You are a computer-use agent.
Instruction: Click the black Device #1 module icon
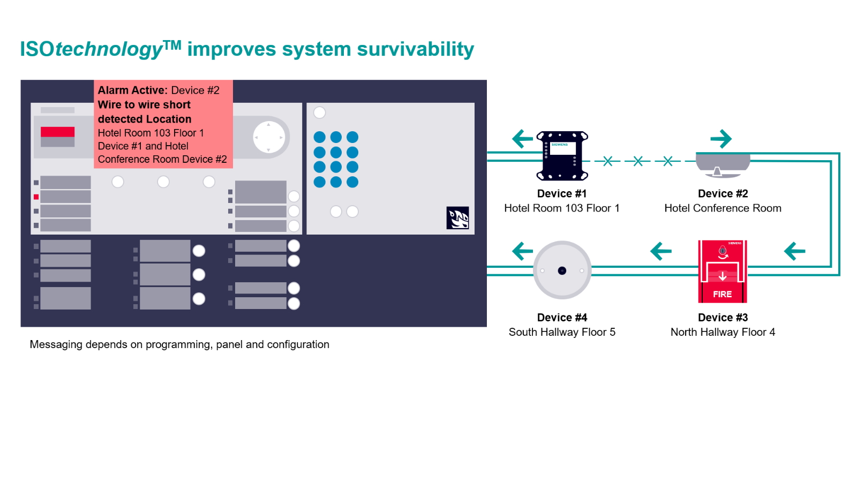click(x=562, y=156)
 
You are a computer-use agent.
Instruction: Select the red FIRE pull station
click(x=723, y=272)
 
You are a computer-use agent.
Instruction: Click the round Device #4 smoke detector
click(x=562, y=270)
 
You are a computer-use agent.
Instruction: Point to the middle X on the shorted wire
click(x=637, y=161)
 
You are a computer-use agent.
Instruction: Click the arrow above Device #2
click(x=721, y=139)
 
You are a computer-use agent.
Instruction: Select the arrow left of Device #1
click(x=522, y=139)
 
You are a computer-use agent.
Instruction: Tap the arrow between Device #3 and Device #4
click(x=660, y=251)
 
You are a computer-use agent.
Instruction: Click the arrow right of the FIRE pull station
click(x=794, y=251)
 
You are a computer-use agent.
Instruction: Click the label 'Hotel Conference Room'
click(x=723, y=208)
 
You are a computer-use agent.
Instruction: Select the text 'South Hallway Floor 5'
click(x=562, y=332)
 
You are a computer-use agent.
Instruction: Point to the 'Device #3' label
click(x=723, y=318)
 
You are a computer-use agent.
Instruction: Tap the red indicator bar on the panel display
click(x=58, y=132)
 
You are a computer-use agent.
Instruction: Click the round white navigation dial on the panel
click(x=269, y=138)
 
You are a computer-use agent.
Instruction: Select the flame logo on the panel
click(x=457, y=218)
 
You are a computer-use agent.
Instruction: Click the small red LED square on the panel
click(x=36, y=197)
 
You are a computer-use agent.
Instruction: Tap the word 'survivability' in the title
click(x=415, y=49)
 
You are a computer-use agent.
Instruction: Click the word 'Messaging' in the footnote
click(x=55, y=345)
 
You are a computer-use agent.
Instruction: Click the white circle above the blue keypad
click(x=320, y=112)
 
